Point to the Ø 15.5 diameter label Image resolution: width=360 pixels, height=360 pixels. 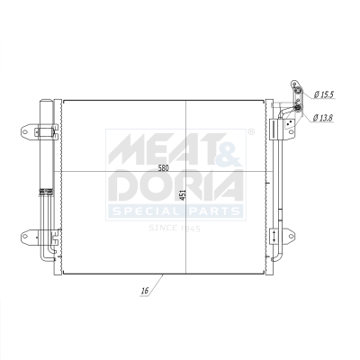click(324, 94)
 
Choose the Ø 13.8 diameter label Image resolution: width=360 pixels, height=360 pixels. click(324, 117)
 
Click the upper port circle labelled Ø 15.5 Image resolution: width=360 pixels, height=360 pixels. click(294, 88)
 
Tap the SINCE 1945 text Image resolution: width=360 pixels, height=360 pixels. click(175, 229)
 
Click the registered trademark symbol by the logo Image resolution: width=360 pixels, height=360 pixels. click(250, 133)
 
